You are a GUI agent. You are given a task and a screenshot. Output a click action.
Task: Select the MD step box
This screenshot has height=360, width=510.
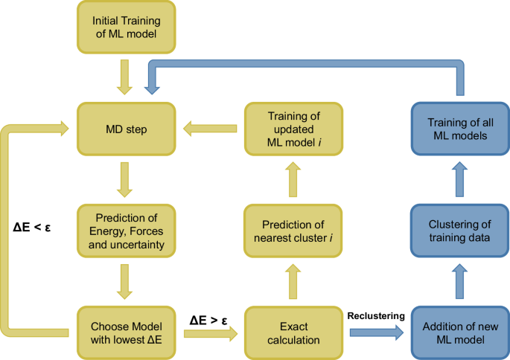point(124,129)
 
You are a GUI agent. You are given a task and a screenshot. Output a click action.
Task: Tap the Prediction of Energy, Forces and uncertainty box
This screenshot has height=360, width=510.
point(124,230)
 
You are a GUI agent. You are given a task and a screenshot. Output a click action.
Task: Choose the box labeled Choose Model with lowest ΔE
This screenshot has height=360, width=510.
point(124,330)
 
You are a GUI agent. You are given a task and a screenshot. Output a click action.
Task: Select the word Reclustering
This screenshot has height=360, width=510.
point(376,315)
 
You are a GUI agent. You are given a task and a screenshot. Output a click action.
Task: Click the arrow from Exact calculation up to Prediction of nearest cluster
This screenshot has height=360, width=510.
point(291,280)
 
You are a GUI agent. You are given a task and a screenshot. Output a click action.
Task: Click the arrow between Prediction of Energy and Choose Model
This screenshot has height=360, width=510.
point(124,280)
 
